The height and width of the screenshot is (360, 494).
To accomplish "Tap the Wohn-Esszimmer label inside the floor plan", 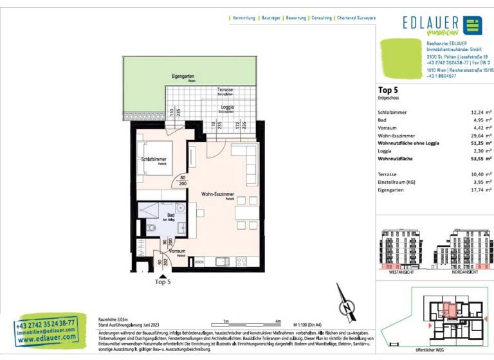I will (217, 194).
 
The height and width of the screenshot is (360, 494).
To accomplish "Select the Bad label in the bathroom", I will (170, 215).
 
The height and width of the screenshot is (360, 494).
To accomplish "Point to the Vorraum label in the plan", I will (177, 251).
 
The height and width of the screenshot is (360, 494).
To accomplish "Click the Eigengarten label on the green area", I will (183, 76).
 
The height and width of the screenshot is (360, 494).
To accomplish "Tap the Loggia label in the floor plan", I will (227, 107).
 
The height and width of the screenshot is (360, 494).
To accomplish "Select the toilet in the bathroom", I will (152, 228).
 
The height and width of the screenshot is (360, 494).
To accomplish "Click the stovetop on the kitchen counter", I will (242, 261).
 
